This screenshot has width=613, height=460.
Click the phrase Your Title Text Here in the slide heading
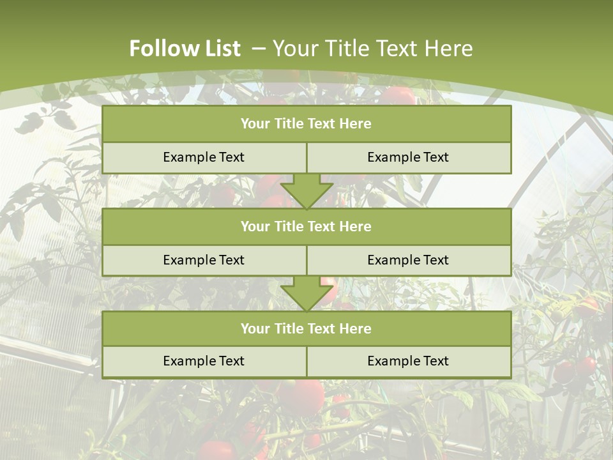click(373, 49)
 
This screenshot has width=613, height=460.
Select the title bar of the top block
click(306, 124)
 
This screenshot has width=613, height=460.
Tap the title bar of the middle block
click(306, 227)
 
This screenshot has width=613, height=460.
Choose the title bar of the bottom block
click(306, 329)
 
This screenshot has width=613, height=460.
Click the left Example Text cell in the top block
click(204, 157)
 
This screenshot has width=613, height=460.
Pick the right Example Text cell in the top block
click(408, 157)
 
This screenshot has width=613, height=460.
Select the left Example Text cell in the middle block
click(204, 260)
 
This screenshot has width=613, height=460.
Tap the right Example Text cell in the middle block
click(408, 260)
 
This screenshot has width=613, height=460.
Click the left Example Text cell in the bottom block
click(204, 361)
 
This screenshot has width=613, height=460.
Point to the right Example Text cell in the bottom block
click(408, 361)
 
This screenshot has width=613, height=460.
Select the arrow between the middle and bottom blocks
click(306, 293)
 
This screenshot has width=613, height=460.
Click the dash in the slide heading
click(259, 49)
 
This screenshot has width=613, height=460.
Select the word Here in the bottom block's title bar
click(356, 329)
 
